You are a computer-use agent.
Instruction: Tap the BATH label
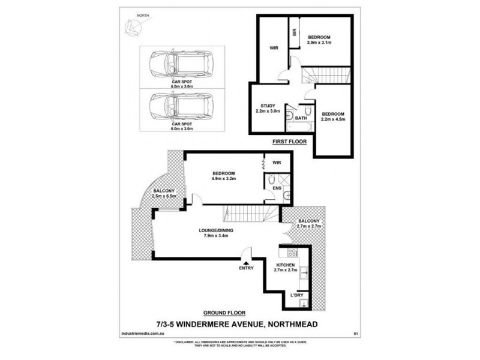(x=301, y=118)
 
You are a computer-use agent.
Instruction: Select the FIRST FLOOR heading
(x=289, y=142)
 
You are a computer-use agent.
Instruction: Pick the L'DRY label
(x=296, y=295)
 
